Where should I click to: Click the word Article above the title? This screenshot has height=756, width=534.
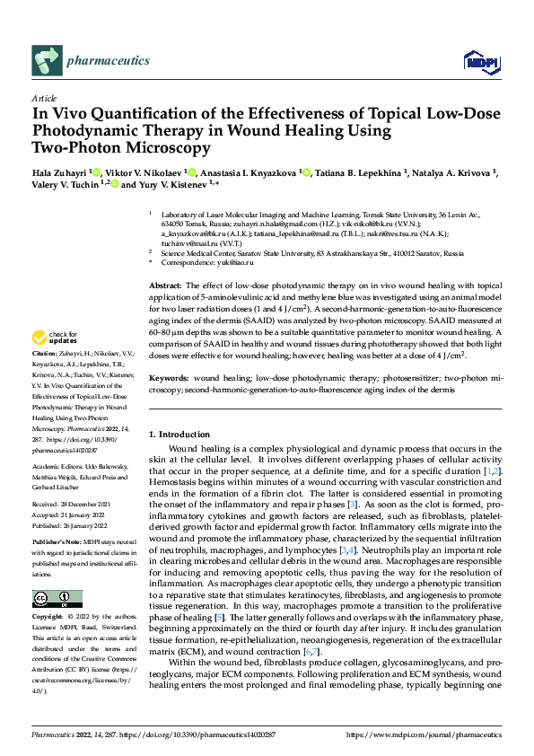pyautogui.click(x=44, y=98)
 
